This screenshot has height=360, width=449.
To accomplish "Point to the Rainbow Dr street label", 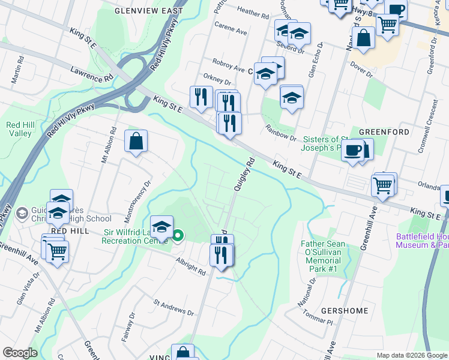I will coord(282,133).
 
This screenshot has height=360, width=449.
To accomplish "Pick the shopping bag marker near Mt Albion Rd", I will coord(137,142).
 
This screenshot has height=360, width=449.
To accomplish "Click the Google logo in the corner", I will coord(20,353).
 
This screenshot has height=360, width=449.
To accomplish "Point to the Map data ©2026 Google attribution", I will coord(411,356).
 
